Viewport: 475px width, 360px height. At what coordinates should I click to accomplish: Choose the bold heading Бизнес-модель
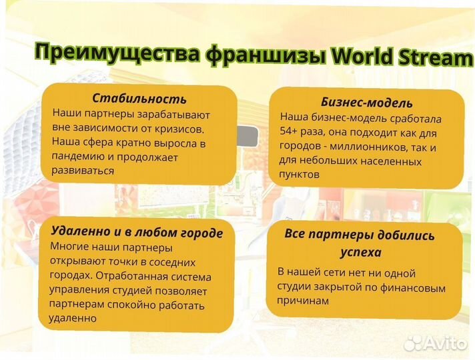[x=366, y=103]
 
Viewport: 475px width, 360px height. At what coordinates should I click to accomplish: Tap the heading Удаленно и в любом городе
[x=136, y=232]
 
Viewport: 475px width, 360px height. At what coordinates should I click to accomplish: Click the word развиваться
[x=83, y=171]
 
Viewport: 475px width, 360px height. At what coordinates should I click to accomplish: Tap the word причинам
[x=303, y=301]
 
